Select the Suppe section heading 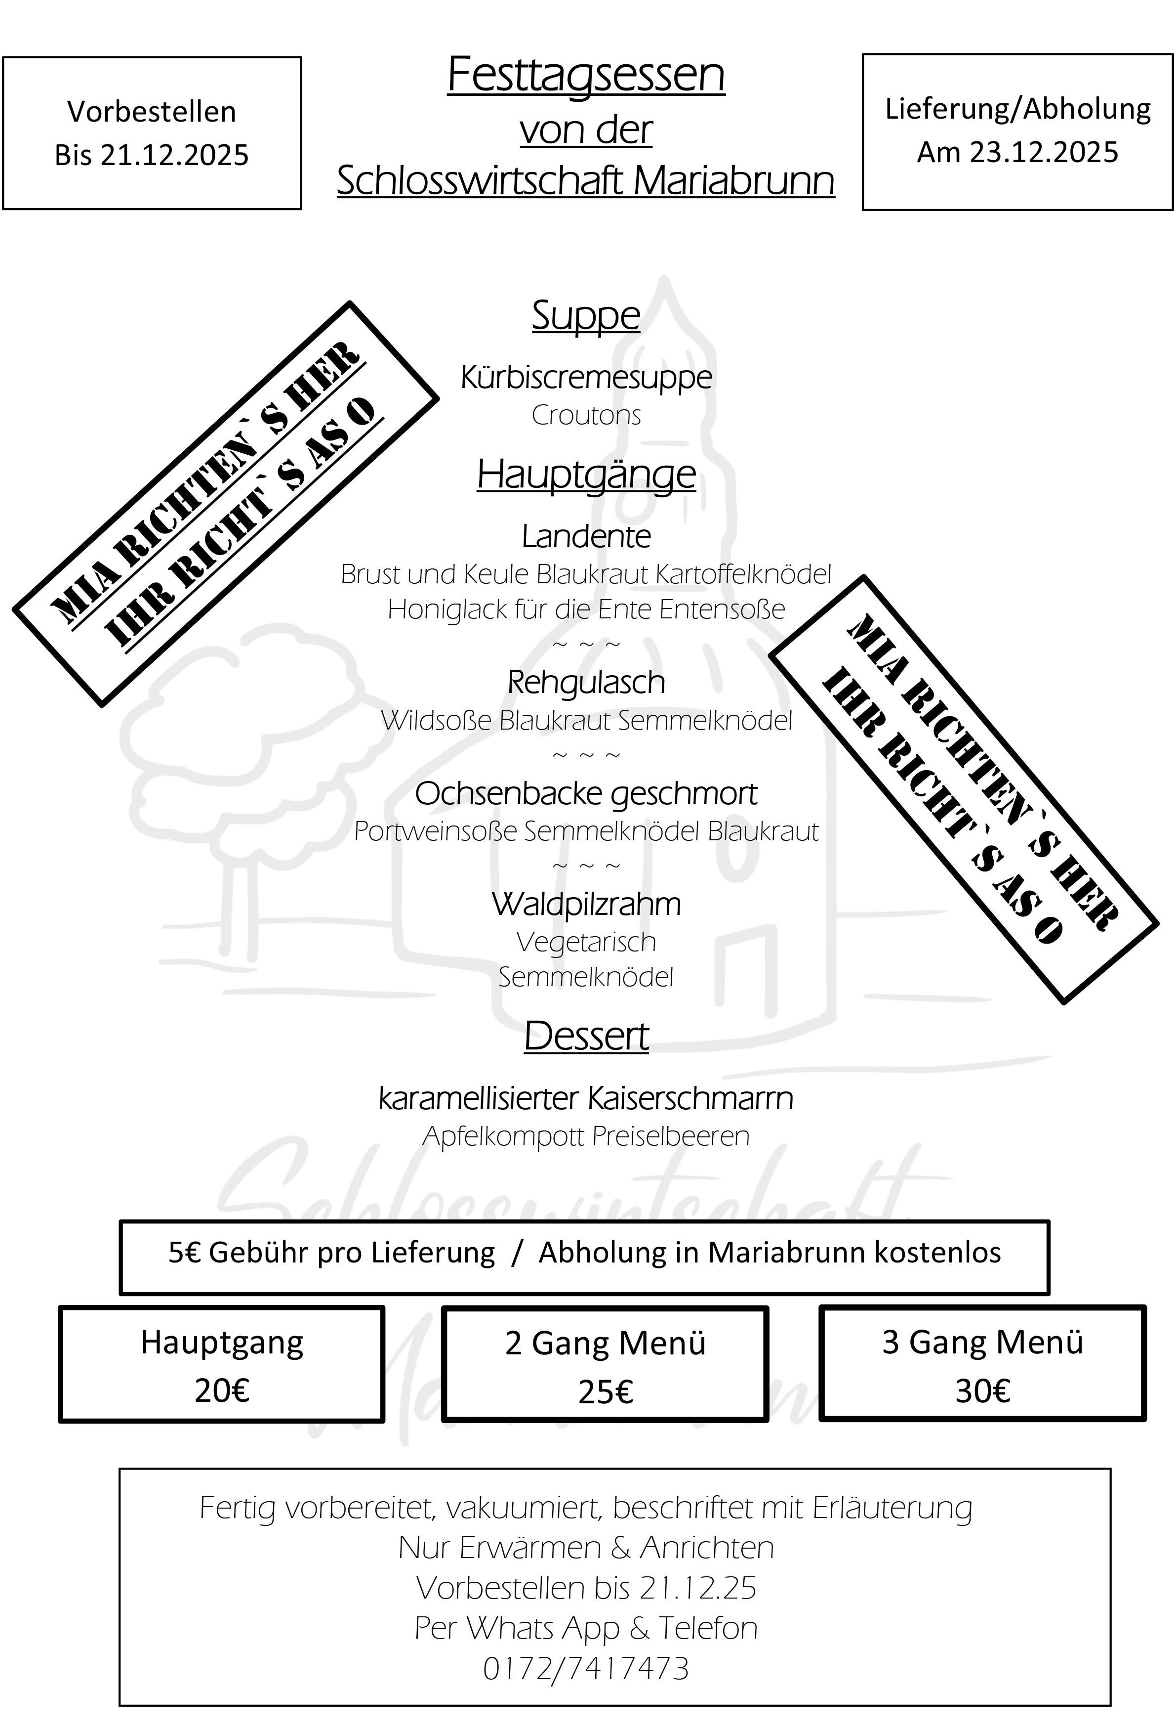pyautogui.click(x=586, y=316)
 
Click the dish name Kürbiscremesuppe pyautogui.click(x=586, y=378)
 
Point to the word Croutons pyautogui.click(x=586, y=416)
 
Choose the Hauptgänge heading pyautogui.click(x=586, y=475)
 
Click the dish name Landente pyautogui.click(x=586, y=536)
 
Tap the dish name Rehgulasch pyautogui.click(x=586, y=683)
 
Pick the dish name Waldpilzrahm pyautogui.click(x=586, y=904)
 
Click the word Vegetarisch pyautogui.click(x=586, y=942)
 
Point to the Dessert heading pyautogui.click(x=586, y=1037)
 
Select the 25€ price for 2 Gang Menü pyautogui.click(x=606, y=1392)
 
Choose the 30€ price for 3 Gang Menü pyautogui.click(x=983, y=1391)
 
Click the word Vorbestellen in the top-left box pyautogui.click(x=151, y=112)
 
